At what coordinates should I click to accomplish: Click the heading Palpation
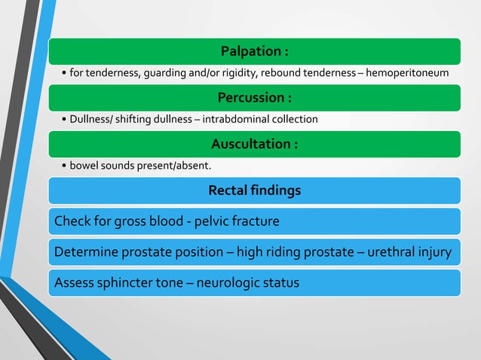[x=254, y=51]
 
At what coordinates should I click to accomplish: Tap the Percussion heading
[x=254, y=98]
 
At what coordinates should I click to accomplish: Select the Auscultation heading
[x=254, y=144]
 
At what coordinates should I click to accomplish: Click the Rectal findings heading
[x=254, y=191]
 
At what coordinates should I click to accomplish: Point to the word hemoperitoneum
[x=407, y=73]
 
